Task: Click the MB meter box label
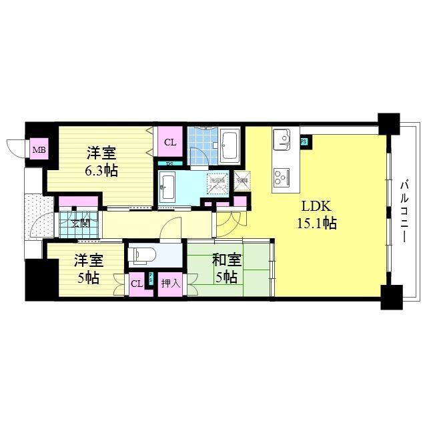pos(39,149)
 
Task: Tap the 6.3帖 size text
pos(102,171)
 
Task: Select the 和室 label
pos(228,258)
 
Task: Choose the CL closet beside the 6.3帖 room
pos(169,142)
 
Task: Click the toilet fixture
pos(144,255)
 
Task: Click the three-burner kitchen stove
pos(280,175)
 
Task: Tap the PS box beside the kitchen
pos(304,141)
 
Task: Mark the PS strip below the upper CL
pos(169,163)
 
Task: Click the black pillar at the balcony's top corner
pos(387,123)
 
